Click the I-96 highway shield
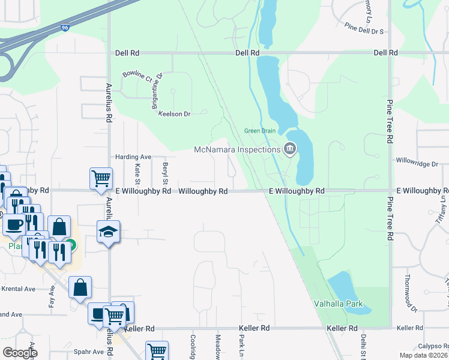(x=64, y=28)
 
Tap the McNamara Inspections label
(x=238, y=149)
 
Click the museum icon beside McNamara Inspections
(x=290, y=148)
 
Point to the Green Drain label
(x=259, y=131)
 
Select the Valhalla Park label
(x=338, y=304)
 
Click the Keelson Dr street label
(x=173, y=113)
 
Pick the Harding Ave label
(x=133, y=157)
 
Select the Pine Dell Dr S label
(x=364, y=28)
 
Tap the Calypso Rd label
(x=433, y=346)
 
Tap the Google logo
(x=20, y=352)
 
